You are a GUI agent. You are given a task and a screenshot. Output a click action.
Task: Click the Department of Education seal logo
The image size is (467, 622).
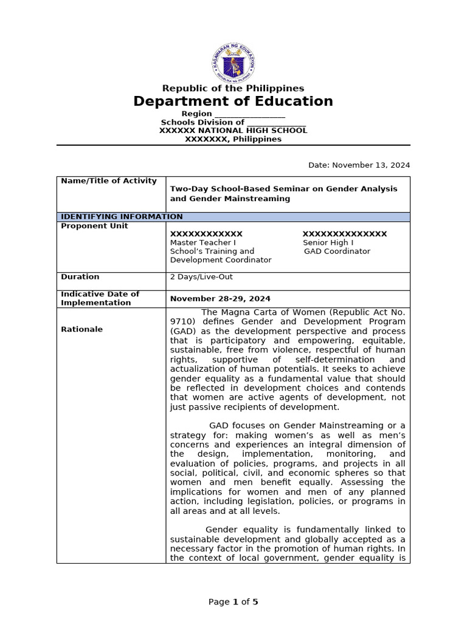coord(233,63)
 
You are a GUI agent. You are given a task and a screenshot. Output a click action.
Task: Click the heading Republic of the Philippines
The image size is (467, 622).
coord(233,89)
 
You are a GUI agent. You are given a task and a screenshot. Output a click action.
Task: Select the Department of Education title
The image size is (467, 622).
coord(233,101)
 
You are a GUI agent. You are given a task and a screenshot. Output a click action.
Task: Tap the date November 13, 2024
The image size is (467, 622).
coord(359,165)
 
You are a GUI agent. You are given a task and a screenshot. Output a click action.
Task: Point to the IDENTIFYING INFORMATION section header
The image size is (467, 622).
coord(122,217)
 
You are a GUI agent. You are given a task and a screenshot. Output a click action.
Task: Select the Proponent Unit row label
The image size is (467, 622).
coord(94,226)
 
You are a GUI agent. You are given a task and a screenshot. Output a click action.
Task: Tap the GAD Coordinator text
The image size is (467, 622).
coord(337,251)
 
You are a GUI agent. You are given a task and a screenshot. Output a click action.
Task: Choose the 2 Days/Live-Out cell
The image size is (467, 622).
coord(201,277)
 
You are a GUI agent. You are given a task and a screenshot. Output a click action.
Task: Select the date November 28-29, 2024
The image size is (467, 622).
coord(220,299)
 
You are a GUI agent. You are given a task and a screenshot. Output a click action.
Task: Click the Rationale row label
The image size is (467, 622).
coord(82,329)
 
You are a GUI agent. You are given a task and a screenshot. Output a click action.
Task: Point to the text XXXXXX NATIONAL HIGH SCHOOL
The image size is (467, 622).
coord(233,131)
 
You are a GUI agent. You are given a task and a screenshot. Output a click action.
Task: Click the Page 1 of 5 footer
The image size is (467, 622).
coord(233,602)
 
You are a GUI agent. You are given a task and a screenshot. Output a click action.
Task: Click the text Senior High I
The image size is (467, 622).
coord(328,242)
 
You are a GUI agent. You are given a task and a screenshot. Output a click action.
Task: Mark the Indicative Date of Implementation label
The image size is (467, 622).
coord(100,298)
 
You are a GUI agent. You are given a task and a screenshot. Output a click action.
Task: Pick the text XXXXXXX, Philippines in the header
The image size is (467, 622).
coord(233,139)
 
